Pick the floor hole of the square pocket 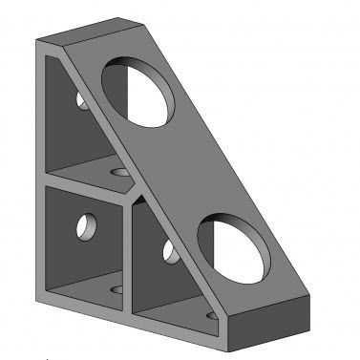(x=117, y=286)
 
